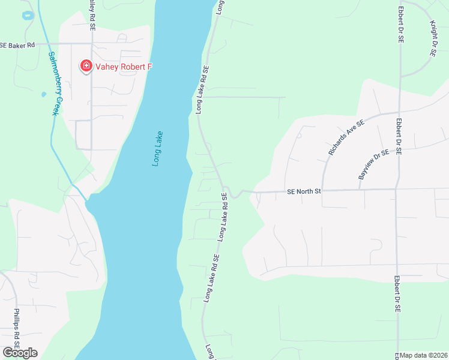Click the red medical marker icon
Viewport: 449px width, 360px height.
pyautogui.click(x=86, y=66)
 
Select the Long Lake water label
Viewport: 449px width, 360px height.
pyautogui.click(x=158, y=149)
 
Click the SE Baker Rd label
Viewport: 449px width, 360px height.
pyautogui.click(x=18, y=45)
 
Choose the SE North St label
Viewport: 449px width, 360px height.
pyautogui.click(x=304, y=191)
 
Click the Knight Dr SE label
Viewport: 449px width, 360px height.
pyautogui.click(x=433, y=38)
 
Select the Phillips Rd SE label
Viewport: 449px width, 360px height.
pyautogui.click(x=17, y=331)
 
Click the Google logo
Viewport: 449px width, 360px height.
pyautogui.click(x=20, y=353)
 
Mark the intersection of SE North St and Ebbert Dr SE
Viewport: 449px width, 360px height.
pyautogui.click(x=396, y=189)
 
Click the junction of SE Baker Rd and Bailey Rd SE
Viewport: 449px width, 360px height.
pyautogui.click(x=91, y=44)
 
